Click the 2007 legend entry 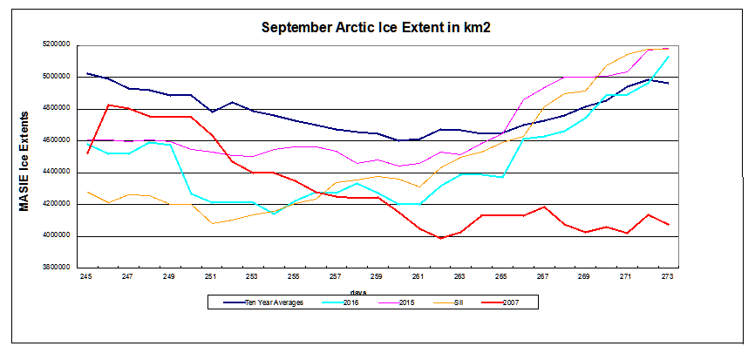520,302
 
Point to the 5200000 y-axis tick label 54,44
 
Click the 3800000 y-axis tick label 54,268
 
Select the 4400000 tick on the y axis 54,173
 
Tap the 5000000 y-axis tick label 54,77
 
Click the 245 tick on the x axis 86,276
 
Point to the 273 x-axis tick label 668,276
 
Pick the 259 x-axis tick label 377,276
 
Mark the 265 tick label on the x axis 501,276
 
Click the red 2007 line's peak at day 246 107,105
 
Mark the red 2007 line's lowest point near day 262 440,238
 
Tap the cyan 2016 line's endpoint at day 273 668,57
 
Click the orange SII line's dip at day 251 211,223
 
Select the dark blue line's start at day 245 86,73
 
